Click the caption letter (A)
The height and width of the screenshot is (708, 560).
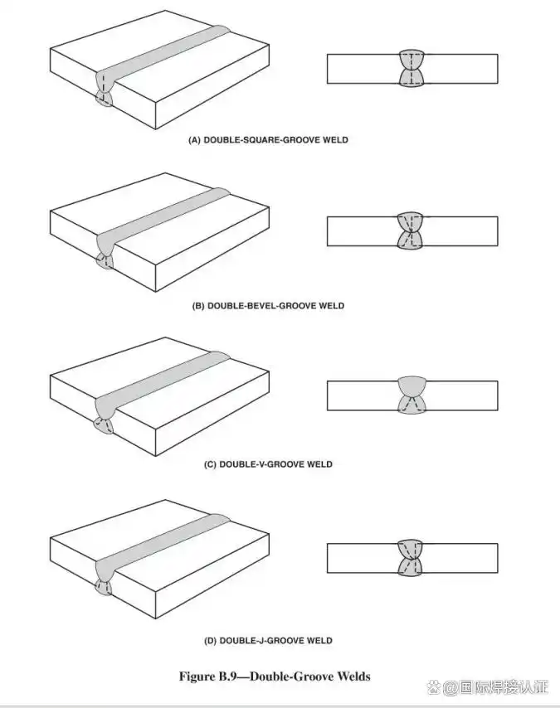(x=196, y=141)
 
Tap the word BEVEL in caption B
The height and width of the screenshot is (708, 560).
(x=260, y=306)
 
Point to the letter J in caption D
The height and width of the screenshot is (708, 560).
(x=260, y=641)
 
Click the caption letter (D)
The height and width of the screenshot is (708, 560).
(x=210, y=641)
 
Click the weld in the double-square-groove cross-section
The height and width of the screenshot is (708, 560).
(x=412, y=68)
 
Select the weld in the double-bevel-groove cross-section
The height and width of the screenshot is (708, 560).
(x=412, y=230)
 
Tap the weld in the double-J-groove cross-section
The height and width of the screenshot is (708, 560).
(x=412, y=558)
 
